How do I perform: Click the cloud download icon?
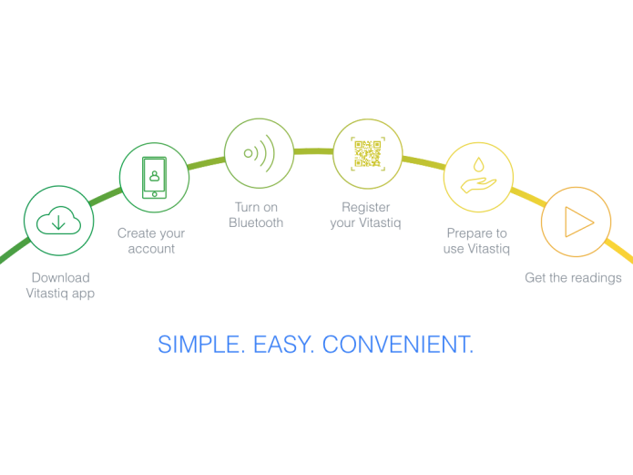pos(58,221)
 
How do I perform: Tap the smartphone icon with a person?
pos(154,178)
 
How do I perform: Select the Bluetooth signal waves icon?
pos(260,153)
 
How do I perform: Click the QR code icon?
pos(368,153)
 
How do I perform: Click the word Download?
pos(60,278)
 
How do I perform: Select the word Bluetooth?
pos(256,222)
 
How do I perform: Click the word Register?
pos(366,207)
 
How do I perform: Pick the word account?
pos(151,249)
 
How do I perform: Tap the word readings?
pos(596,278)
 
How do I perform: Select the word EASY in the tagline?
pos(283,345)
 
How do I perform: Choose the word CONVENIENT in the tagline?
pos(398,345)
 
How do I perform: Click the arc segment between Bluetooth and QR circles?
pos(313,151)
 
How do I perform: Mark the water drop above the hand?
pos(479,164)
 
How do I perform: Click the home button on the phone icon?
pos(154,194)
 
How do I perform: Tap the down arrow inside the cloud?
pos(58,222)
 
